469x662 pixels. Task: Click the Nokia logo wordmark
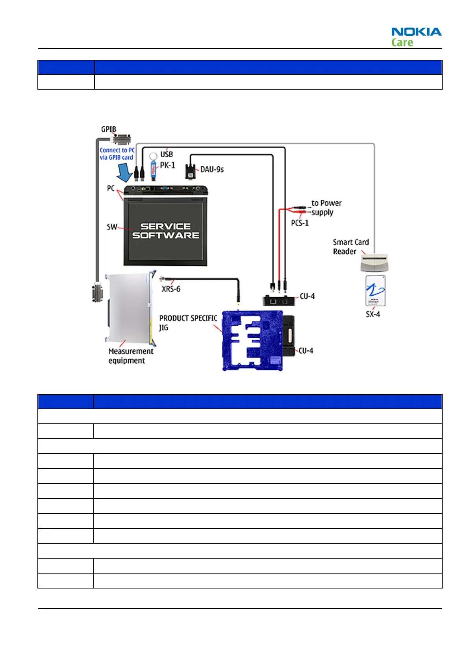pyautogui.click(x=416, y=32)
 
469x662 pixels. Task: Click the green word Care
pyautogui.click(x=402, y=42)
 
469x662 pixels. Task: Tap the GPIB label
pyautogui.click(x=109, y=129)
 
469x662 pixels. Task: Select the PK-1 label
pyautogui.click(x=167, y=165)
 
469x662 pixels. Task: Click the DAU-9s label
pyautogui.click(x=212, y=169)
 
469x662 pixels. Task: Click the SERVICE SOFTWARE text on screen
pyautogui.click(x=166, y=231)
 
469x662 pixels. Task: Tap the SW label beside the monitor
pyautogui.click(x=112, y=227)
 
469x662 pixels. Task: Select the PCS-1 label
pyautogui.click(x=300, y=223)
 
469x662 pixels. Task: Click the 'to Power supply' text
pyautogui.click(x=326, y=208)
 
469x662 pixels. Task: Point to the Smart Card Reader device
pyautogui.click(x=374, y=263)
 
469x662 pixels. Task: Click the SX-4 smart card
pyautogui.click(x=375, y=291)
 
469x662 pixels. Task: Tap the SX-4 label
pyautogui.click(x=373, y=314)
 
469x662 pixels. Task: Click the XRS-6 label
pyautogui.click(x=171, y=289)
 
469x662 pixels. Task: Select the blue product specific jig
pyautogui.click(x=252, y=340)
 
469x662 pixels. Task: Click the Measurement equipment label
pyautogui.click(x=131, y=356)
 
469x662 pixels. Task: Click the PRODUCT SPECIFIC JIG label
pyautogui.click(x=187, y=322)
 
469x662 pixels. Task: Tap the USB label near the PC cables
pyautogui.click(x=167, y=154)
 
